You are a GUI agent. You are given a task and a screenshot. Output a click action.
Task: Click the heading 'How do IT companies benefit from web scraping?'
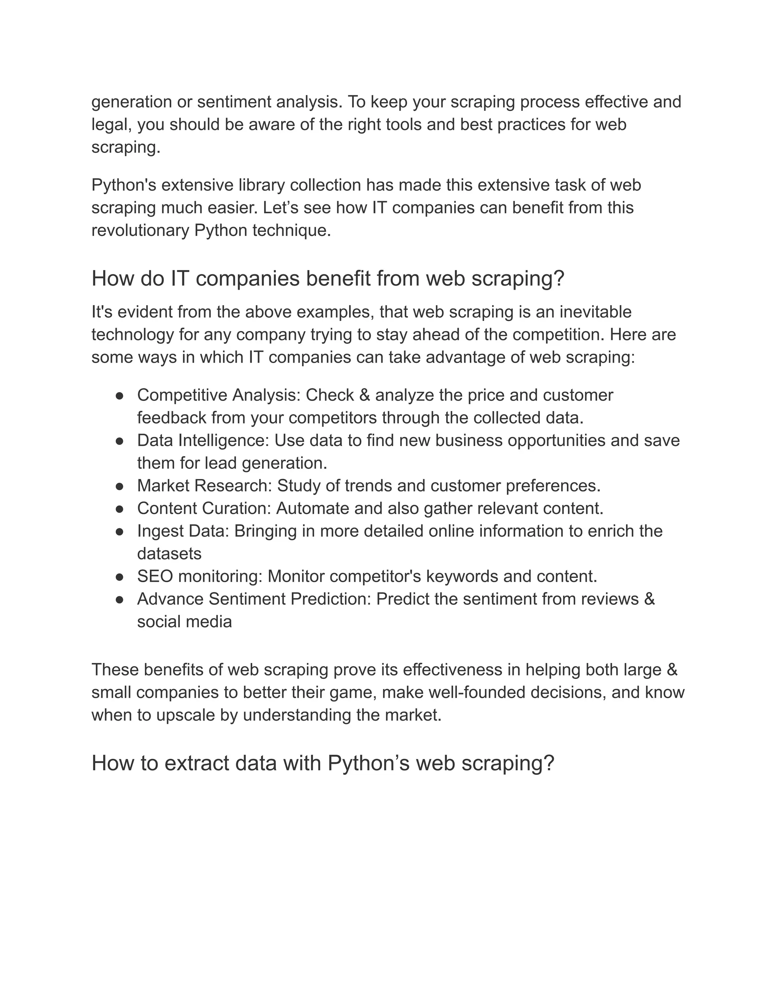[328, 279]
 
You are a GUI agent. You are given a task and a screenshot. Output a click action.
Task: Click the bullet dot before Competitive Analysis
[119, 396]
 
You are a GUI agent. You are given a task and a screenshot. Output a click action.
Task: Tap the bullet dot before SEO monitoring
[119, 576]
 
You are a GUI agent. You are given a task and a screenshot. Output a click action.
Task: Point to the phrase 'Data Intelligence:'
[203, 441]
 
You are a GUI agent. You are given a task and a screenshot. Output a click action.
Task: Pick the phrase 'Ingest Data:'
[183, 531]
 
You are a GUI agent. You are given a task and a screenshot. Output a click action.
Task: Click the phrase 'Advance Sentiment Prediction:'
[254, 599]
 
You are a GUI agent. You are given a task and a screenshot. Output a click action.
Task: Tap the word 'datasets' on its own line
[169, 554]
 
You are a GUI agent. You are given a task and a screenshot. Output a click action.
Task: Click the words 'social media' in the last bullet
[184, 622]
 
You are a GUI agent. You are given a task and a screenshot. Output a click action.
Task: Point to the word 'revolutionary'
[140, 231]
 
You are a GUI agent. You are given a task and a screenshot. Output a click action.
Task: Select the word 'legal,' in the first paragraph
[112, 125]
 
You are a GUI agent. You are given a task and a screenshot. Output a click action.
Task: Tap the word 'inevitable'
[595, 312]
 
